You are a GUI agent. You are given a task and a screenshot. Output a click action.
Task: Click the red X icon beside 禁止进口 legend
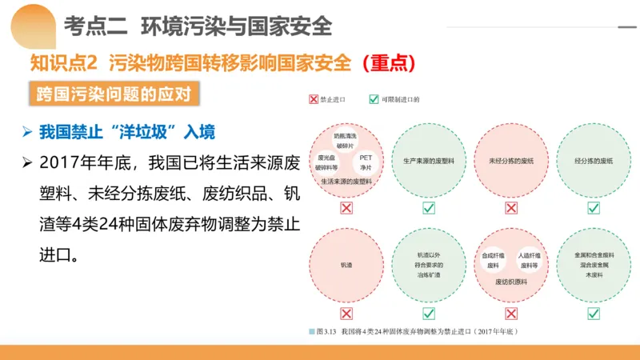pos(314,100)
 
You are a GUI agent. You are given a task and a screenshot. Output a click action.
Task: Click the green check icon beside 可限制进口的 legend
pos(374,100)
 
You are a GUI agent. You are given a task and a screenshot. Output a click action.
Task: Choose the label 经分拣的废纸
pos(594,161)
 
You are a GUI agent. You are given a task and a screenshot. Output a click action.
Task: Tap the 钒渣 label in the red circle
pos(346,265)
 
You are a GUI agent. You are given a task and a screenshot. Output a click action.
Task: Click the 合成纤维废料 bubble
pos(492,260)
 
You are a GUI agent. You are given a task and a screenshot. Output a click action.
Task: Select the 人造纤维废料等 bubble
pos(530,260)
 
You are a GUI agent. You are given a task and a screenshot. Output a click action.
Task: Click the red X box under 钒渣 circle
pos(346,314)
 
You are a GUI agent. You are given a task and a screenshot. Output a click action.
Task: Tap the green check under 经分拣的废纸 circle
pos(594,208)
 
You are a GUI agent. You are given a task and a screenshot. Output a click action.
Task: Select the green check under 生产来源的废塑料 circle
pos(429,208)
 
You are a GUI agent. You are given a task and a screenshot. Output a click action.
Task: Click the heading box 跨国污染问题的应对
pos(112,94)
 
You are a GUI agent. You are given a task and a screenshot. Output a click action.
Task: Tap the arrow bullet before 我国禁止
pos(27,131)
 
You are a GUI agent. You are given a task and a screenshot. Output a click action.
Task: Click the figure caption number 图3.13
pos(326,330)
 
